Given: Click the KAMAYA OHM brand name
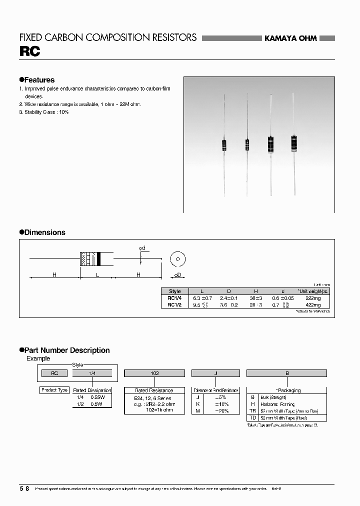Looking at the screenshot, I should pyautogui.click(x=290, y=38).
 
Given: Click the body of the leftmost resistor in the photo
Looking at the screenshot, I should pyautogui.click(x=223, y=145).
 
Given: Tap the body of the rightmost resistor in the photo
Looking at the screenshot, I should pyautogui.click(x=293, y=143).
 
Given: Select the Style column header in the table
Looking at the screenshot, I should pyautogui.click(x=175, y=291).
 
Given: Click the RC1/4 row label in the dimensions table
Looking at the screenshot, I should pyautogui.click(x=175, y=298).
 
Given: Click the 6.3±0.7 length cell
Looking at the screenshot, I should pyautogui.click(x=202, y=298).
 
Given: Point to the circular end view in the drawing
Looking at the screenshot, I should pyautogui.click(x=177, y=259).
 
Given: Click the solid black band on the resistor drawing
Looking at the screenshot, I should pyautogui.click(x=99, y=258).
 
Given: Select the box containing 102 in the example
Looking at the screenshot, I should pyautogui.click(x=154, y=373).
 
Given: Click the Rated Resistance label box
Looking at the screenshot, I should pyautogui.click(x=154, y=390).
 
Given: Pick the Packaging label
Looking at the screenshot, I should pyautogui.click(x=288, y=390).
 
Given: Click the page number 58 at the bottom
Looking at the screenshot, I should pyautogui.click(x=24, y=488).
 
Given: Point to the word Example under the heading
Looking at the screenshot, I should pyautogui.click(x=38, y=358).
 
